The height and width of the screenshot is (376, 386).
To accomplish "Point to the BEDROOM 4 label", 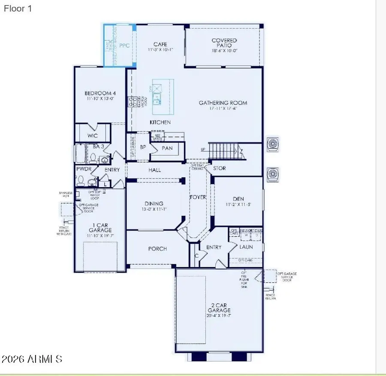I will tap(100, 93).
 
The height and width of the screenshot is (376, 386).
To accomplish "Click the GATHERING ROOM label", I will tap(223, 103).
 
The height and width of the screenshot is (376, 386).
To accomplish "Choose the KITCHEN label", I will tap(160, 122).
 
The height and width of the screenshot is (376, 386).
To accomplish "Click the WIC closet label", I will tap(93, 135).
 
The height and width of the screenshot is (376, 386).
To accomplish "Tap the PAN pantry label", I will tap(167, 148).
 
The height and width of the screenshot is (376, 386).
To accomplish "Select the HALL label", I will tap(154, 170).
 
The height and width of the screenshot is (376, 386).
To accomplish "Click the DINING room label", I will tap(154, 204).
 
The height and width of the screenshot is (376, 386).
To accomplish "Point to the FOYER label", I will tap(198, 197).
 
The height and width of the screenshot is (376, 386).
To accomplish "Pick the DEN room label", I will tap(238, 199).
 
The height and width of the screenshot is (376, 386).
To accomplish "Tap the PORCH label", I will tap(157, 249).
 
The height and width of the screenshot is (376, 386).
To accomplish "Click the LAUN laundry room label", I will tap(246, 247).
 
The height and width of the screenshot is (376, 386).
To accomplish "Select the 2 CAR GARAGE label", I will tap(219, 307).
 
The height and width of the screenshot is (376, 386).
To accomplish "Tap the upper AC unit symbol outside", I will tap(273, 144).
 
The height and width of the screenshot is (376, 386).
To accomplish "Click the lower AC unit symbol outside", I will tap(273, 174).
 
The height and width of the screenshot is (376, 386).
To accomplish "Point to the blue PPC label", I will tap(124, 45).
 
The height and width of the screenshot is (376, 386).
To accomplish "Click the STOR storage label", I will tap(220, 168).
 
